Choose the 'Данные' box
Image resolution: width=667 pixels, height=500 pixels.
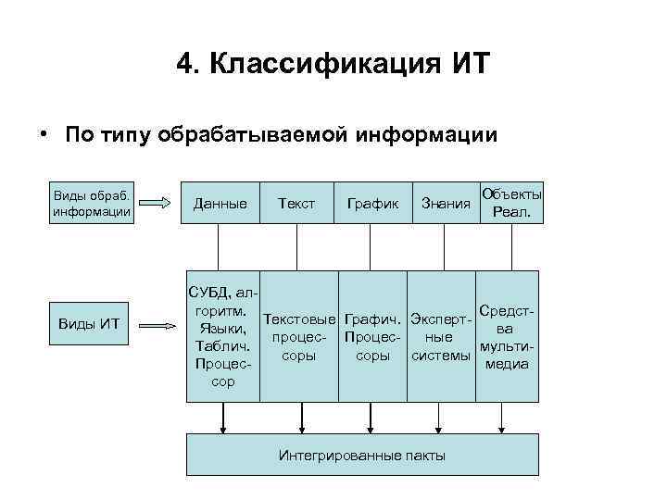tap(220, 203)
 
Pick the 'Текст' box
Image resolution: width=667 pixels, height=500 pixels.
tap(296, 203)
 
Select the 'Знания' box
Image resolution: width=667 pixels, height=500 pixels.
tap(445, 203)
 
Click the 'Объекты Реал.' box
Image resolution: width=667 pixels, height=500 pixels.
tap(510, 203)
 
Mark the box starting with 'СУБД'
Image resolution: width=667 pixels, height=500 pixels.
tap(223, 336)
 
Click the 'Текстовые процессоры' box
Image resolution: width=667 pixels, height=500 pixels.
tap(298, 336)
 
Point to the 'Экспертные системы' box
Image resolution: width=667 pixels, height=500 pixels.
tap(442, 336)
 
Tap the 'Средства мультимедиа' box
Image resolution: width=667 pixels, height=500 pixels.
tap(507, 336)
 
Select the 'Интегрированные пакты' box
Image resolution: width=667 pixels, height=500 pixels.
tap(362, 455)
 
